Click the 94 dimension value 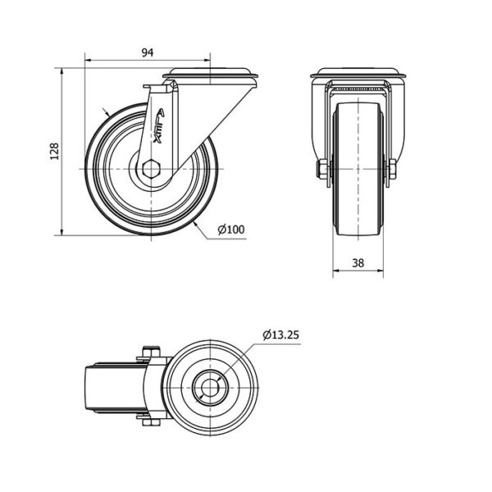[147, 52]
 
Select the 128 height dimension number [55, 151]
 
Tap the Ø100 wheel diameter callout [231, 230]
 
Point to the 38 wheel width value [358, 262]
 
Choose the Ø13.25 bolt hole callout [280, 335]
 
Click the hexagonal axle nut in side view [151, 169]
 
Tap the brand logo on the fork [159, 125]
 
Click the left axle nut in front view [322, 169]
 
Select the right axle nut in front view [393, 169]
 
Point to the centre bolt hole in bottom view [210, 388]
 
